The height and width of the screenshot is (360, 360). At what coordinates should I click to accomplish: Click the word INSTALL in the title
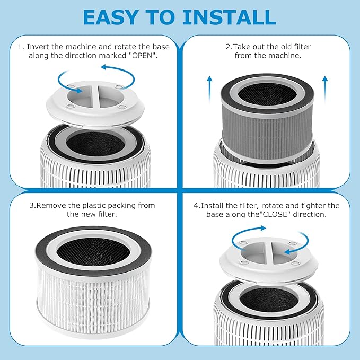[x=229, y=17]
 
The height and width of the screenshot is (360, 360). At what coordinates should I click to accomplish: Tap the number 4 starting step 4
[x=197, y=205]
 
